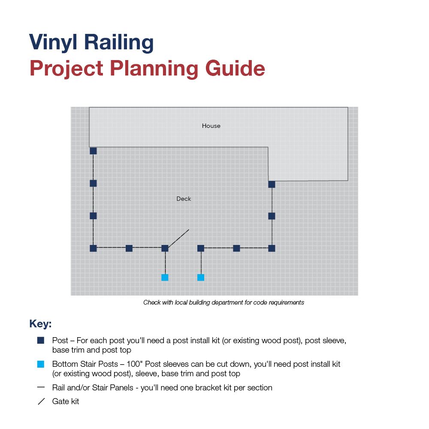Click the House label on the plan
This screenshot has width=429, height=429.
(x=211, y=126)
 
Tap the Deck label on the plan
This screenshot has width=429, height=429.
(x=184, y=199)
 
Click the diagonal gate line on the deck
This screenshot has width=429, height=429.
(x=178, y=239)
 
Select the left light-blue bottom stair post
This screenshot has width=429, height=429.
(x=165, y=278)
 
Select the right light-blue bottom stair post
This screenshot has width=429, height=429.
(x=201, y=278)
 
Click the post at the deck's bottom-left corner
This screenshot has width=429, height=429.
(x=93, y=248)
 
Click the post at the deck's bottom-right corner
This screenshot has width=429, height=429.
(x=272, y=248)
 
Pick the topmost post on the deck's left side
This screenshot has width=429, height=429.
(x=93, y=151)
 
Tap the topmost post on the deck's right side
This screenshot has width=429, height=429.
(x=272, y=184)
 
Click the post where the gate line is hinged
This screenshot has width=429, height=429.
(x=165, y=248)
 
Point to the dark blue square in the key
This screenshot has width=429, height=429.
(x=41, y=340)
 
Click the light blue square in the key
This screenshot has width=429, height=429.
(x=41, y=364)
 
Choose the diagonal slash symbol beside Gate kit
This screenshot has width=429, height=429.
(x=41, y=402)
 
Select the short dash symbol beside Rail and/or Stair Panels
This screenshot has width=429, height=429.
(x=41, y=387)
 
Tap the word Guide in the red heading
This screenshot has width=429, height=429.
(x=235, y=68)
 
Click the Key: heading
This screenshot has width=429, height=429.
(x=40, y=323)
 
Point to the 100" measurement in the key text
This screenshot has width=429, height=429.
(x=134, y=364)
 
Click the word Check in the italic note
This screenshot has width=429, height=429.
(x=152, y=302)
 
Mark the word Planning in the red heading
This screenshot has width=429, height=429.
(x=154, y=69)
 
